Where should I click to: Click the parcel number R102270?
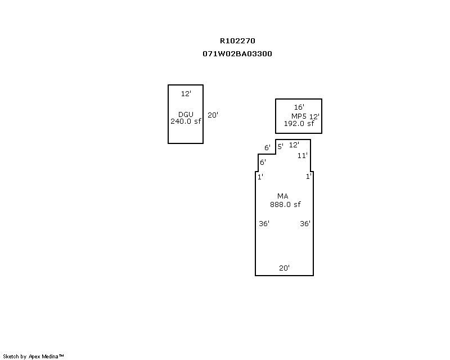237,40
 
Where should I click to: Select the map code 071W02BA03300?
237,53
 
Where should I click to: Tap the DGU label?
186,114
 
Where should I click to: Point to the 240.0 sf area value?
186,121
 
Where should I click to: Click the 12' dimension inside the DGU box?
186,93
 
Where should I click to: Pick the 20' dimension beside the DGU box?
213,115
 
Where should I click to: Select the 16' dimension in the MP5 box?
299,107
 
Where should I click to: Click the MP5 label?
299,116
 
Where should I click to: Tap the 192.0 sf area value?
299,123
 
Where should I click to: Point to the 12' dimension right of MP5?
314,116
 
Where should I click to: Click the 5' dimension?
280,146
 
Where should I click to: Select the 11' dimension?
303,156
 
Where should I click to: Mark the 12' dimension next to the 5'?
294,145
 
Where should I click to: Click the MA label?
283,196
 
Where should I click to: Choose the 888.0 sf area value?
285,204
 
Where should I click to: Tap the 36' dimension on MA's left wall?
264,223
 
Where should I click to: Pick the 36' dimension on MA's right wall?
305,223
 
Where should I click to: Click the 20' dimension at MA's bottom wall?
284,268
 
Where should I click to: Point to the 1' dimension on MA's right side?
308,177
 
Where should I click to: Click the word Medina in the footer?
50,357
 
